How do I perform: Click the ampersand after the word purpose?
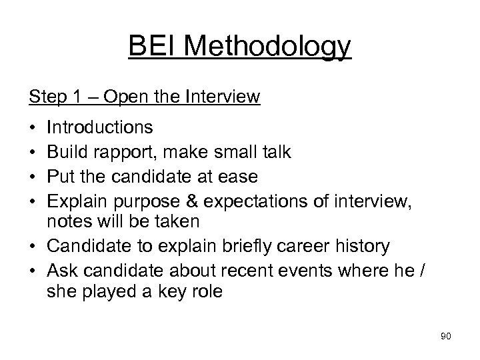click(201, 203)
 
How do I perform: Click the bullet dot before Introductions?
click(33, 127)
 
